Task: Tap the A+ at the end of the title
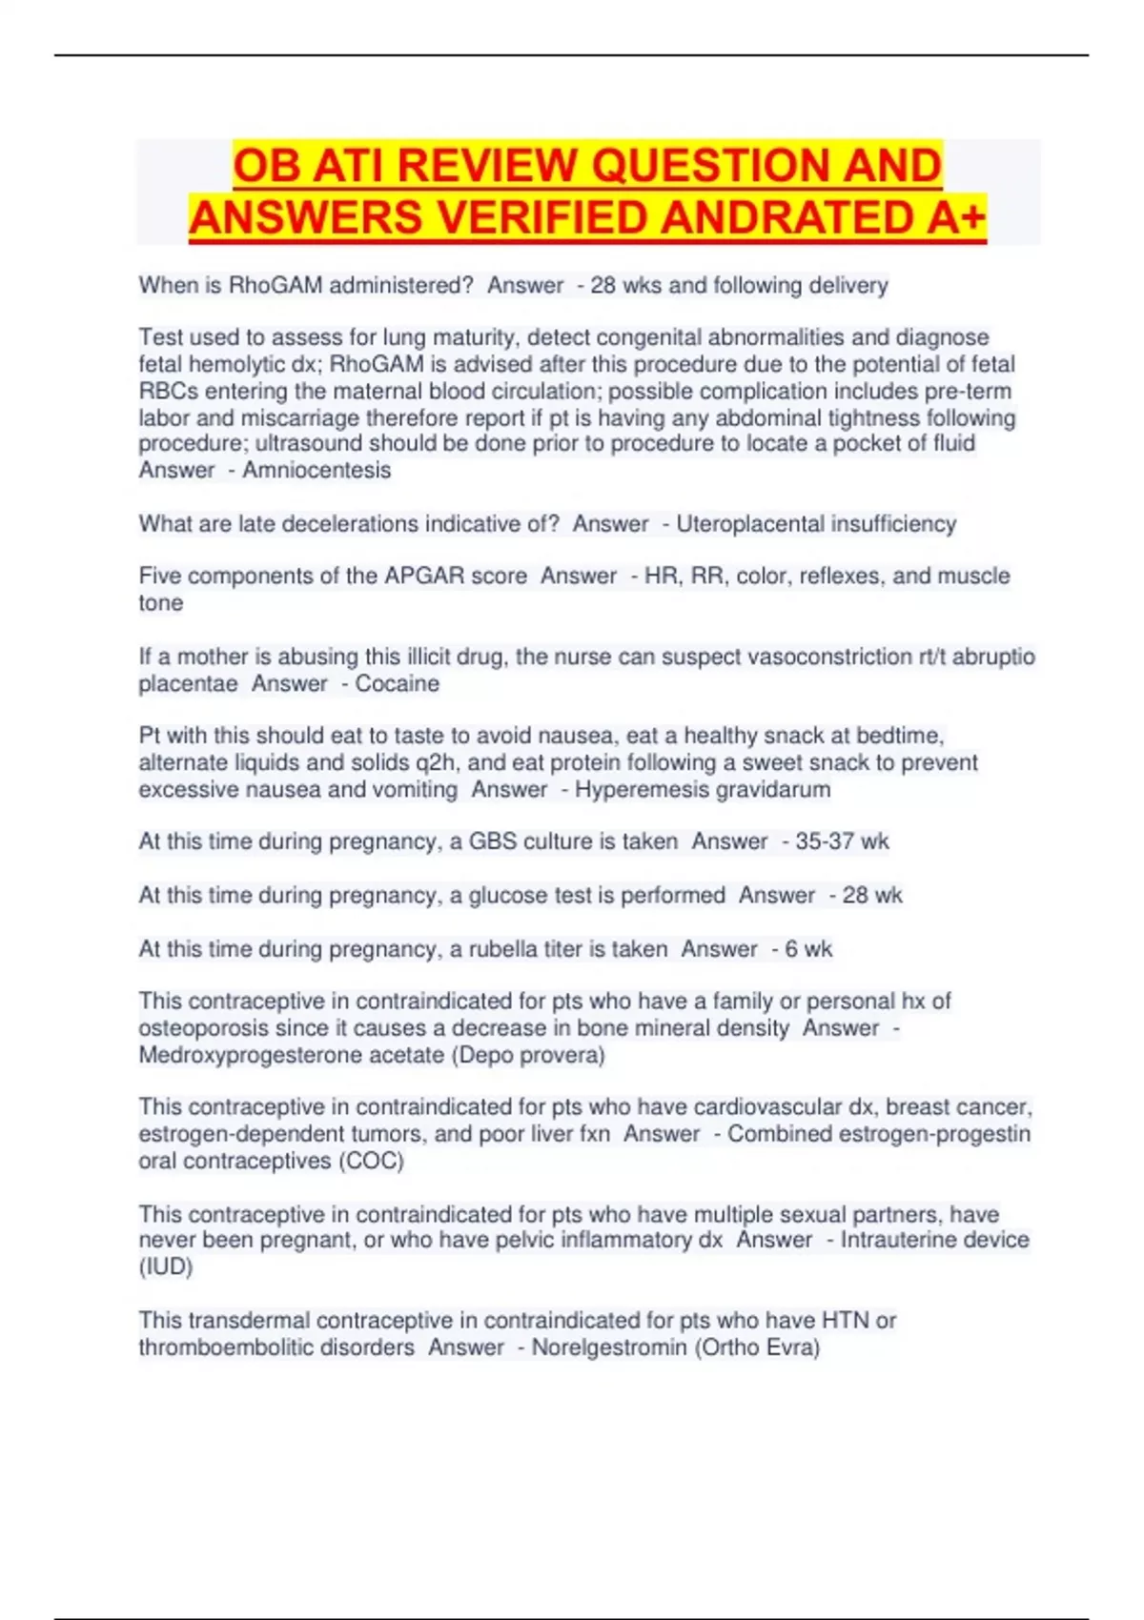pyautogui.click(x=955, y=217)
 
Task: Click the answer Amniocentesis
pyautogui.click(x=317, y=470)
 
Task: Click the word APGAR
pyautogui.click(x=456, y=576)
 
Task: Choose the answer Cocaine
pyautogui.click(x=398, y=683)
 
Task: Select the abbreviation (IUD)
pyautogui.click(x=166, y=1266)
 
